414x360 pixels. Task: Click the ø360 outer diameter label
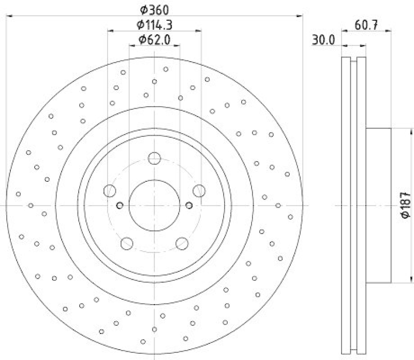pyautogui.click(x=154, y=9)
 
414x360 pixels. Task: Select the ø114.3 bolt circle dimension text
pyautogui.click(x=154, y=24)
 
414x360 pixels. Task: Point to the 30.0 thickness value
pyautogui.click(x=323, y=39)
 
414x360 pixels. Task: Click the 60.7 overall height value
pyautogui.click(x=365, y=24)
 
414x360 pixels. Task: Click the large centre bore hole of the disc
pyautogui.click(x=154, y=206)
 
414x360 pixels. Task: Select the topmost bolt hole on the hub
pyautogui.click(x=154, y=158)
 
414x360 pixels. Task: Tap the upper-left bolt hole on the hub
pyautogui.click(x=110, y=191)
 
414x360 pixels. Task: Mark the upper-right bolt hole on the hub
pyautogui.click(x=199, y=191)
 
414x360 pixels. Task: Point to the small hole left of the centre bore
pyautogui.click(x=120, y=206)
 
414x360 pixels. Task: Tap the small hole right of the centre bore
pyautogui.click(x=189, y=206)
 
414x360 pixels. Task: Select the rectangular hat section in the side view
pyautogui.click(x=378, y=205)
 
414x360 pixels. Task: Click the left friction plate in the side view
pyautogui.click(x=346, y=205)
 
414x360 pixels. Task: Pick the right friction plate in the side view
pyautogui.click(x=362, y=205)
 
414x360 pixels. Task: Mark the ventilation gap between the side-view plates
pyautogui.click(x=354, y=205)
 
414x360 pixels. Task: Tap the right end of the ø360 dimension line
pyautogui.click(x=302, y=16)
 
